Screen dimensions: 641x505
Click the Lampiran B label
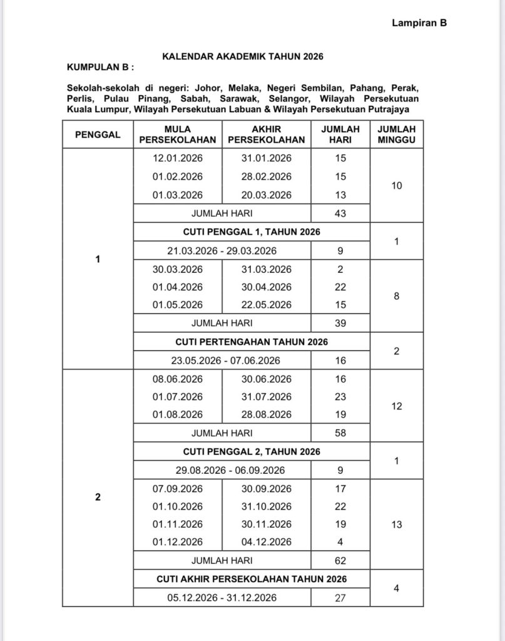click(419, 23)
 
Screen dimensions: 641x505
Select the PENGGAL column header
click(98, 134)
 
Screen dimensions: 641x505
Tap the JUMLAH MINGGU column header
click(396, 134)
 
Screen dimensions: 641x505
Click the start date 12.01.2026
click(178, 158)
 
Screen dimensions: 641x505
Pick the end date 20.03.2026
click(267, 195)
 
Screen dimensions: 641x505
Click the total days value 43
click(340, 213)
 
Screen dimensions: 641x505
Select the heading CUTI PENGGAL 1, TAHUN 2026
click(252, 232)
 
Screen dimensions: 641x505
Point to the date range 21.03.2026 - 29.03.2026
click(223, 250)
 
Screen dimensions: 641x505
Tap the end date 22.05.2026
click(267, 305)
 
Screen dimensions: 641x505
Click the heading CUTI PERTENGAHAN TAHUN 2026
click(252, 342)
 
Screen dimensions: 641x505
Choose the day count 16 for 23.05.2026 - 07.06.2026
click(340, 360)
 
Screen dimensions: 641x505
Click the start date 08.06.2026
click(178, 379)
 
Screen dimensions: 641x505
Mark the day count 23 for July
click(340, 396)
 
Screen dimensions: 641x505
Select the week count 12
click(396, 406)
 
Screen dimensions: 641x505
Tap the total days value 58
click(340, 433)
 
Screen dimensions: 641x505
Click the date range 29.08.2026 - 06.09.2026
click(223, 470)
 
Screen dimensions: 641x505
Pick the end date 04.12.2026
click(267, 542)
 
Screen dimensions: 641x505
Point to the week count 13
click(396, 525)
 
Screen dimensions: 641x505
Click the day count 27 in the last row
click(340, 597)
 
